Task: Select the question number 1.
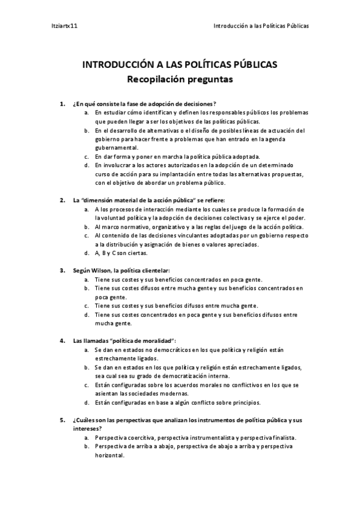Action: pos(63,104)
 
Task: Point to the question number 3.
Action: pos(63,270)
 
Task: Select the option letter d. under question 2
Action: pos(87,253)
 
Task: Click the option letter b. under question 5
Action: pos(87,447)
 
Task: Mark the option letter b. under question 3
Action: pos(87,288)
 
